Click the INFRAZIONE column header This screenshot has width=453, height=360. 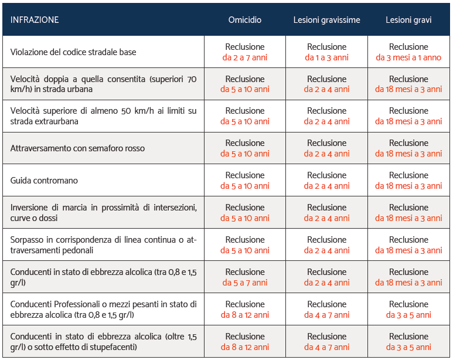tap(35, 20)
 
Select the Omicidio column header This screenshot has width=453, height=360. tap(245, 20)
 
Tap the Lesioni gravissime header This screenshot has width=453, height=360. tap(326, 20)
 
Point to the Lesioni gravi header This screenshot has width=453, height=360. tap(408, 20)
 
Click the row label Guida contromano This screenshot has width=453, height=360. tap(44, 181)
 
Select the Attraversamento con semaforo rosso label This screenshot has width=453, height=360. tap(77, 148)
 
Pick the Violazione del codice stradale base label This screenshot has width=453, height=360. tap(73, 52)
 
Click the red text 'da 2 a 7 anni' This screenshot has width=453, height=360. tap(245, 58)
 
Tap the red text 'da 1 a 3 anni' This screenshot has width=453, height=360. tap(326, 58)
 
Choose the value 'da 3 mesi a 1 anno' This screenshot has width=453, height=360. tap(408, 58)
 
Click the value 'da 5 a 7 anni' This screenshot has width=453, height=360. tap(245, 283)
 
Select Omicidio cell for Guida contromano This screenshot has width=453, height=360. tap(245, 181)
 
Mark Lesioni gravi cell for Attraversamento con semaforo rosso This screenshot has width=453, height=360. tap(408, 148)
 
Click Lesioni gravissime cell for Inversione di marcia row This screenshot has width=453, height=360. tap(326, 213)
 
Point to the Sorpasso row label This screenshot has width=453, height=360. tap(103, 245)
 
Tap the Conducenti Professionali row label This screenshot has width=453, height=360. tap(103, 310)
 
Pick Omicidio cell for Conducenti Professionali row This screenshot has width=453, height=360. tap(245, 310)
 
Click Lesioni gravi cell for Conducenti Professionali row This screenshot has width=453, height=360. tap(408, 310)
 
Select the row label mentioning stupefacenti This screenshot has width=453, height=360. tap(103, 342)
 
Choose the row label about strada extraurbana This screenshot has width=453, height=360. tap(103, 116)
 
